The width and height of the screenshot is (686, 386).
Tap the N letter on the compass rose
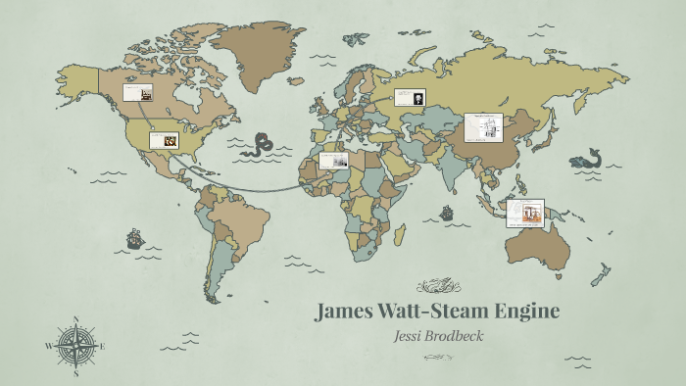[x=75, y=318]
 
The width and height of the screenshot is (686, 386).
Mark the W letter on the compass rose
[x=48, y=346]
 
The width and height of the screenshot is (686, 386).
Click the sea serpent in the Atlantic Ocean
[x=261, y=146]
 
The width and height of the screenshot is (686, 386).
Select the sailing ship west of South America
[x=132, y=239]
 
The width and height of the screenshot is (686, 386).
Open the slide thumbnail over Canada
[x=137, y=93]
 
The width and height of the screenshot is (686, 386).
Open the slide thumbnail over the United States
[x=164, y=139]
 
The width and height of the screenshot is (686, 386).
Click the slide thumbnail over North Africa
[x=334, y=160]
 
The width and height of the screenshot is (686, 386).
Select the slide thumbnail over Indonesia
[x=526, y=213]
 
